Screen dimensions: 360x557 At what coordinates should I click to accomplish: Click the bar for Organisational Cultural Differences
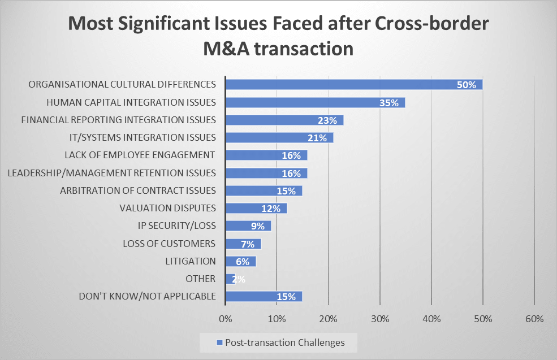[x=353, y=85]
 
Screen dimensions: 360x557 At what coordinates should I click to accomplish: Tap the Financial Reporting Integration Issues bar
[x=284, y=120]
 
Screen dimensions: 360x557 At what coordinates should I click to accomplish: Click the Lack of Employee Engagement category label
[x=140, y=155]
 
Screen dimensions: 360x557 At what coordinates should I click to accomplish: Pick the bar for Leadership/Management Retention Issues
[x=266, y=173]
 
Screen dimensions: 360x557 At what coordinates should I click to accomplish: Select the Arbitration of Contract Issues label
[x=138, y=190]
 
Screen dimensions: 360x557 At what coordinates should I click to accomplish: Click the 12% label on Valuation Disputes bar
[x=271, y=209]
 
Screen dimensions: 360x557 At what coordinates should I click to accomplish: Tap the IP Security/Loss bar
[x=248, y=226]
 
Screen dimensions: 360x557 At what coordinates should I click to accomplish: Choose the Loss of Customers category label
[x=169, y=244]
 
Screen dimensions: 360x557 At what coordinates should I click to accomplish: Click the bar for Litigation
[x=240, y=261]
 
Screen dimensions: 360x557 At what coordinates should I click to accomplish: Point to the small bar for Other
[x=230, y=279]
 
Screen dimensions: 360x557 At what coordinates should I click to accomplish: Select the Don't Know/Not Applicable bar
[x=264, y=296]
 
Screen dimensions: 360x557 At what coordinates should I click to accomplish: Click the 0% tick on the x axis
[x=225, y=319]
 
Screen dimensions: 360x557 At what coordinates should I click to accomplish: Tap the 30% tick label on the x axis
[x=380, y=319]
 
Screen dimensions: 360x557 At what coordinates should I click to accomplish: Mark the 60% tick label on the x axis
[x=534, y=319]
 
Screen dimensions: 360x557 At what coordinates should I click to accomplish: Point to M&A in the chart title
[x=230, y=48]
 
